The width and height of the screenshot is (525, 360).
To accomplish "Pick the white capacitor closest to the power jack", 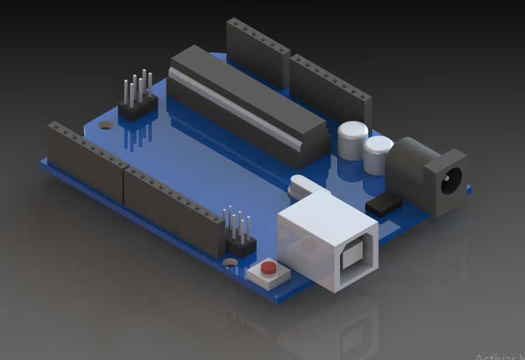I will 378,154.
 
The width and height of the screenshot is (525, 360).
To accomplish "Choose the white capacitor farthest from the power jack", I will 352,139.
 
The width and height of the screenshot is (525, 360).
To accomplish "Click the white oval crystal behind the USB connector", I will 302,185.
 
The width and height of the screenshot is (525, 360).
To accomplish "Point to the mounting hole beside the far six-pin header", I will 104,125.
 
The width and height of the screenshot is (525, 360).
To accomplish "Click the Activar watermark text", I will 499,356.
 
